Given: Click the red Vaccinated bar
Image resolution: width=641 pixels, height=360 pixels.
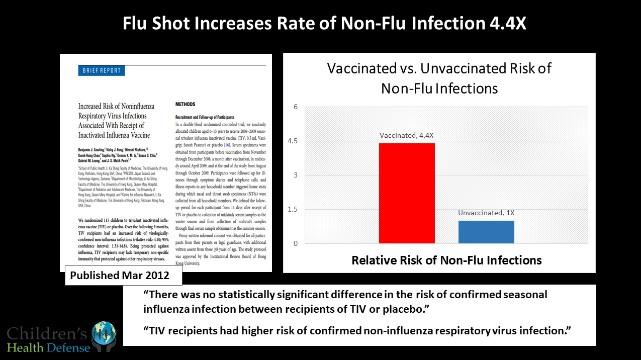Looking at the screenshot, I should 407,194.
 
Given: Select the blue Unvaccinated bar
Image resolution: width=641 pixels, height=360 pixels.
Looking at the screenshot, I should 486,232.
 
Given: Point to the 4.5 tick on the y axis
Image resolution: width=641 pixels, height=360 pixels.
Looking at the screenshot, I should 293,141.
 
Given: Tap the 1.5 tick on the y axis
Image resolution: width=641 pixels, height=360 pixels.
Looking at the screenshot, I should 293,209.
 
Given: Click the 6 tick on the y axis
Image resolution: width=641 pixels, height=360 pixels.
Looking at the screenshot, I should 296,107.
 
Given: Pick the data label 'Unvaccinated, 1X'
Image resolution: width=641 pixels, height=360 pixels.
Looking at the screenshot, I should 486,213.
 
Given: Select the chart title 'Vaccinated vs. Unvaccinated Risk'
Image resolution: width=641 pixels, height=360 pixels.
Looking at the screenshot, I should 439,68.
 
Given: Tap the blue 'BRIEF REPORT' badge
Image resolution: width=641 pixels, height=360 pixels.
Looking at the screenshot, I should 101,71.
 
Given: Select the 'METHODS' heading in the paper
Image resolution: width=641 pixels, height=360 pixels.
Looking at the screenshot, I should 186,105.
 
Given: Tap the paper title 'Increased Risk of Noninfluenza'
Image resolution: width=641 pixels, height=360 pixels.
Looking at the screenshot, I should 116,107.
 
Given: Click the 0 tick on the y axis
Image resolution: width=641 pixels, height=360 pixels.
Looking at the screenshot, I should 296,243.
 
